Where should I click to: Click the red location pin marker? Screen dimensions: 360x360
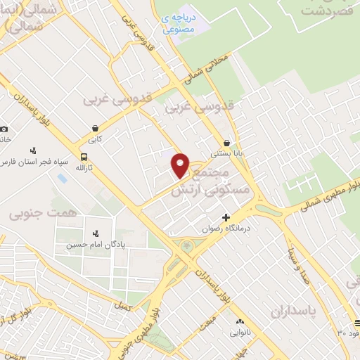(x=181, y=165)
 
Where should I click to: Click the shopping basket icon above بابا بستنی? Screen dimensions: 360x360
(x=226, y=141)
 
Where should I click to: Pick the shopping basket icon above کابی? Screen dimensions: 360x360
(x=95, y=128)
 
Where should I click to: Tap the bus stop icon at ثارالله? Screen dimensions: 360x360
(x=84, y=157)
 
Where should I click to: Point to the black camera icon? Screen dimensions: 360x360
(x=4, y=129)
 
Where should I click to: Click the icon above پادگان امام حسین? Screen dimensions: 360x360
(x=96, y=233)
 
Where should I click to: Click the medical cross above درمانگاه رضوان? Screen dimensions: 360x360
(x=226, y=217)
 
